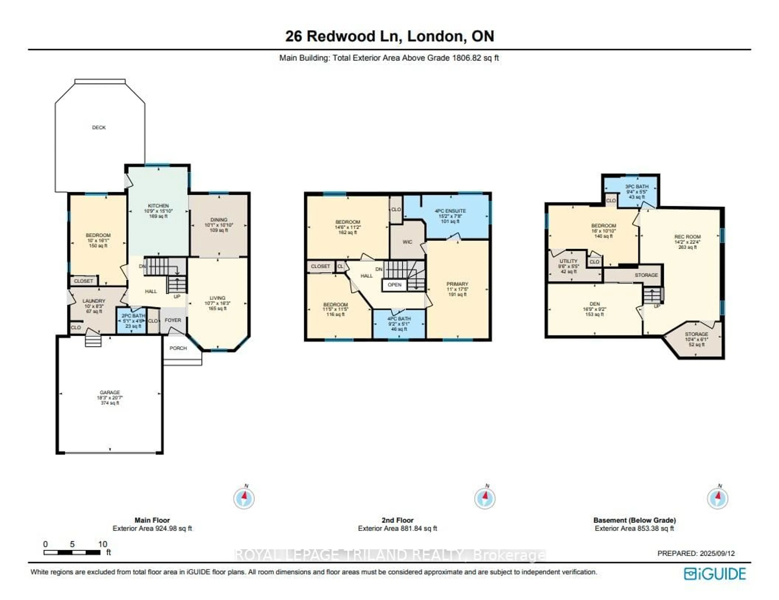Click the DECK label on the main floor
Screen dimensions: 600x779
(x=99, y=127)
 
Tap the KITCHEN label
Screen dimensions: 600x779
(x=158, y=206)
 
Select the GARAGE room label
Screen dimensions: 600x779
(x=110, y=392)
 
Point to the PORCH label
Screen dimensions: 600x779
(x=178, y=348)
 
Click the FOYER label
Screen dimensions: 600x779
(x=173, y=320)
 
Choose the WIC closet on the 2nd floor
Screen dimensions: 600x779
(x=407, y=242)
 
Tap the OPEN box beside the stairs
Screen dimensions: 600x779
(x=395, y=285)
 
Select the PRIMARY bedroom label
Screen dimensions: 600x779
(x=457, y=284)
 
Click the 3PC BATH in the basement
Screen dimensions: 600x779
(x=637, y=187)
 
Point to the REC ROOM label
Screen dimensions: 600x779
(x=687, y=237)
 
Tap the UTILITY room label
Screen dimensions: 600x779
(x=568, y=261)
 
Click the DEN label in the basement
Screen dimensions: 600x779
(x=595, y=304)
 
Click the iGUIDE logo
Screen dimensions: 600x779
(x=715, y=574)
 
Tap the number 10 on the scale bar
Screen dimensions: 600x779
(x=103, y=544)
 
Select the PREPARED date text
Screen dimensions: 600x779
(x=696, y=553)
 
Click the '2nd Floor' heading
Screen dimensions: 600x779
(x=397, y=520)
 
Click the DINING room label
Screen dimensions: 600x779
(x=219, y=220)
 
